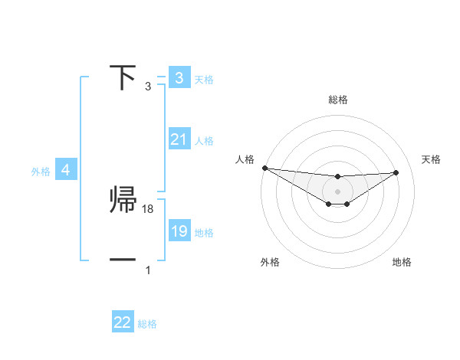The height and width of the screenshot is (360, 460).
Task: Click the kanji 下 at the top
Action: [123, 78]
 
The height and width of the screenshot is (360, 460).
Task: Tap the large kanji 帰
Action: [124, 201]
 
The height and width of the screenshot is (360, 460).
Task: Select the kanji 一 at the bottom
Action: [123, 260]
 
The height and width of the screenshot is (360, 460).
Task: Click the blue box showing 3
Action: [179, 78]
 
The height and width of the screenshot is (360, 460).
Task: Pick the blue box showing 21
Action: [179, 139]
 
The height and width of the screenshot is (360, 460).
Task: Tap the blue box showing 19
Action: [179, 231]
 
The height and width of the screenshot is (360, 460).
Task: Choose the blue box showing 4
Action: [66, 170]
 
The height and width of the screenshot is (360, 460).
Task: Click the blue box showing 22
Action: [123, 322]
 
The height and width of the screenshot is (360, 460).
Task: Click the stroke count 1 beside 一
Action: [148, 270]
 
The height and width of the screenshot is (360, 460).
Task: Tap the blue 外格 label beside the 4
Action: [41, 172]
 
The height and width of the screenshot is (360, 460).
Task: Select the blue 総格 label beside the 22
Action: [147, 324]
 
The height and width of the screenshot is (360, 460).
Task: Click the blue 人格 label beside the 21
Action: [204, 141]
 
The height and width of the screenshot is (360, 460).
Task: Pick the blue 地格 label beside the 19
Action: [204, 233]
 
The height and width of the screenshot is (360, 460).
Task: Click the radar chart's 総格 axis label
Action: [338, 100]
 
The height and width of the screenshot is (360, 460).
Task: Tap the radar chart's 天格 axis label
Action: [431, 159]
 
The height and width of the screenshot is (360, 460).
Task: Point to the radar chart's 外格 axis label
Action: [270, 262]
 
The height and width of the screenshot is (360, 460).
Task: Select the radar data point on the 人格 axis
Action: [264, 168]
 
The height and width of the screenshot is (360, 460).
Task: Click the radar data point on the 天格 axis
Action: [396, 172]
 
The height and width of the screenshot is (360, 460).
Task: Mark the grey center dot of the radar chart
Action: [338, 191]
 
